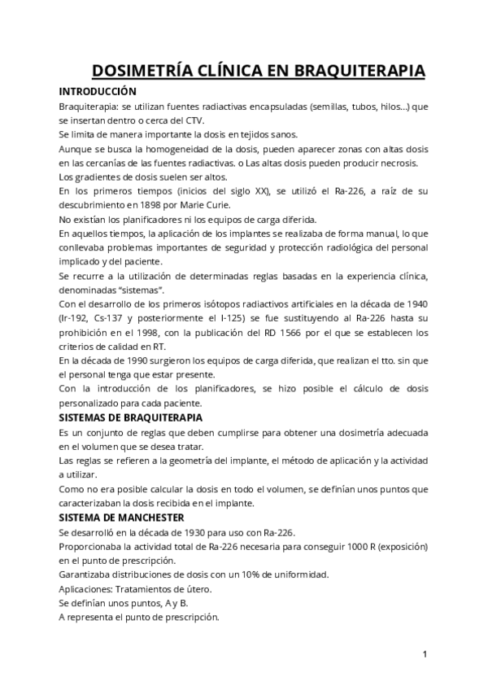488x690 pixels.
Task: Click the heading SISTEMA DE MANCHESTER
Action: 120,517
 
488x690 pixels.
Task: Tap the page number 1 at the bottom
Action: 425,653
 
